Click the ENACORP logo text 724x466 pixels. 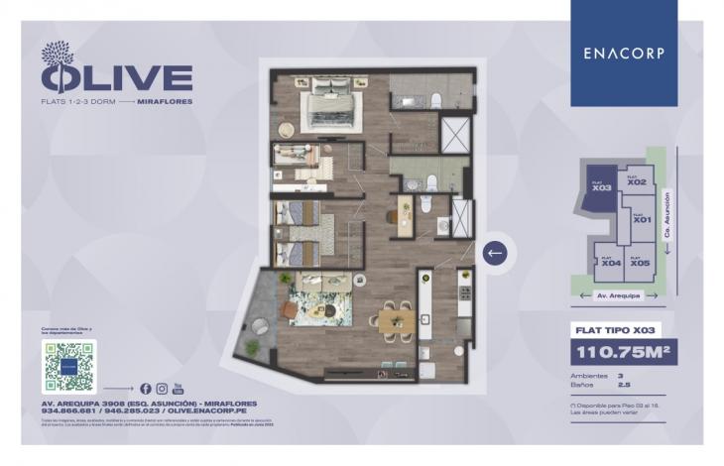tap(624, 53)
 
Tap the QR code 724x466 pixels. tap(70, 366)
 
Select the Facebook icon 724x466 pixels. tap(146, 388)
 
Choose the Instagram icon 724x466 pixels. tap(162, 388)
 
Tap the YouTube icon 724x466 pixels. tap(179, 388)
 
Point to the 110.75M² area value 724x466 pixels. tap(624, 351)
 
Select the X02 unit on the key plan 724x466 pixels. tap(637, 181)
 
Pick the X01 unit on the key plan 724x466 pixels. tap(642, 219)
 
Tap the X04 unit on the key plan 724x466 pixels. tap(610, 262)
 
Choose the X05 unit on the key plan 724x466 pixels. tap(640, 262)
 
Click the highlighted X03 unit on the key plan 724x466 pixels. tap(599, 185)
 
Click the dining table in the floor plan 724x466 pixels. tap(396, 320)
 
